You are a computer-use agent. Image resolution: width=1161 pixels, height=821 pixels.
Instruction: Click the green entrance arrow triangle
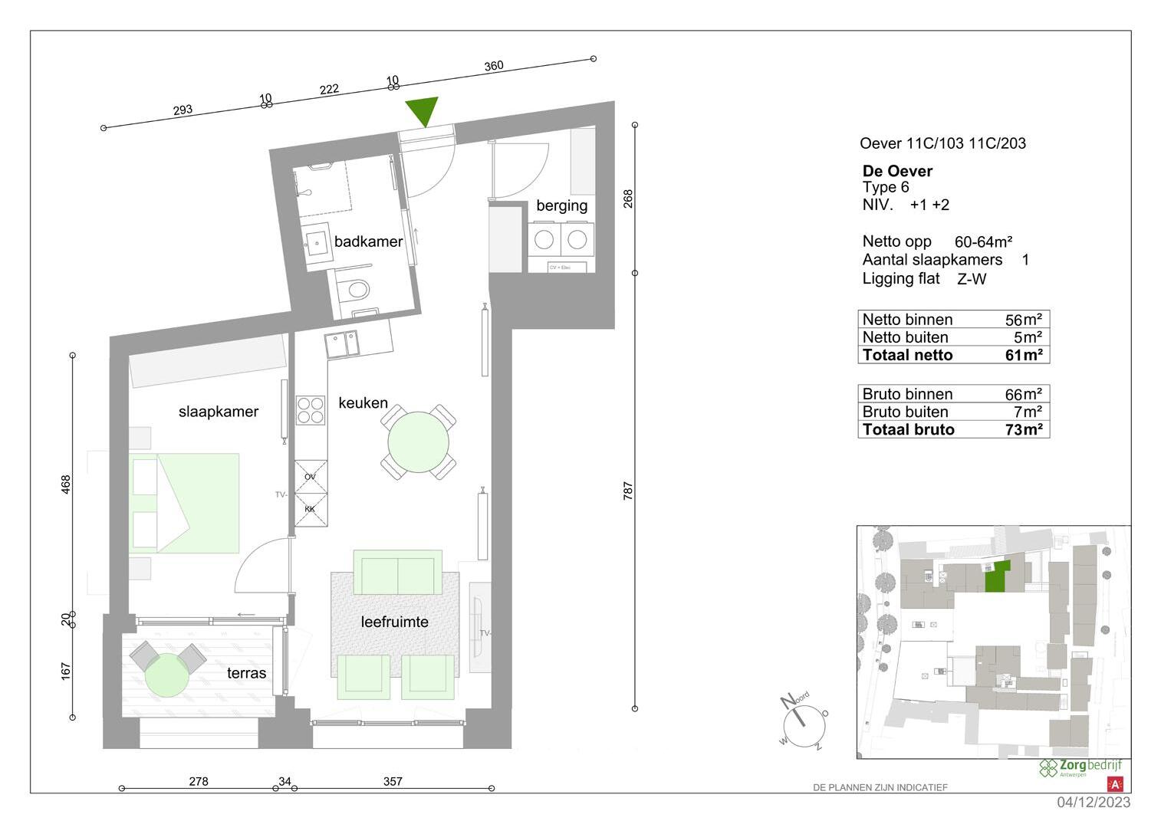(422, 110)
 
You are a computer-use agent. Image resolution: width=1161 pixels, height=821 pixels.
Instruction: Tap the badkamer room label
(368, 241)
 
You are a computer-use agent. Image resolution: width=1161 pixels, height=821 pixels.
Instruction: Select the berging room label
(561, 205)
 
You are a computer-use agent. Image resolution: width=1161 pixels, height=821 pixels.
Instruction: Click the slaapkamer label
(219, 412)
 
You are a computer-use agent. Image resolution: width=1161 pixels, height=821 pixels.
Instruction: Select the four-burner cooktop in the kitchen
(311, 409)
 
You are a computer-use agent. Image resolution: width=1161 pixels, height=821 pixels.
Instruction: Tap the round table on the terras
(166, 674)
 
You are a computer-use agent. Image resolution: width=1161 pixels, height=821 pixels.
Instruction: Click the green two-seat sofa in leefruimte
(397, 572)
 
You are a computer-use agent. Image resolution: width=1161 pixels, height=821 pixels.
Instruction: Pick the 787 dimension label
(628, 491)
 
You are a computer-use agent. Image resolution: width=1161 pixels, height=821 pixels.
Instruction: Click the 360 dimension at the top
(494, 66)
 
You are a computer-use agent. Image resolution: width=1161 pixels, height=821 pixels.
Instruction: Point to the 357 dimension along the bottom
(393, 782)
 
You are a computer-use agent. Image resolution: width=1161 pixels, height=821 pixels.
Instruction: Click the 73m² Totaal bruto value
(1023, 429)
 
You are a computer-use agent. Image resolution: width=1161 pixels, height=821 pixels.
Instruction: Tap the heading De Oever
(897, 171)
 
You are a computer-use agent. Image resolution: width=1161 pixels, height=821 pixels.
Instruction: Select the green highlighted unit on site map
(995, 576)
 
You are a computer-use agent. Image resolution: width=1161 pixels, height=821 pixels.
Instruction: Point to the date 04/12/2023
(1093, 803)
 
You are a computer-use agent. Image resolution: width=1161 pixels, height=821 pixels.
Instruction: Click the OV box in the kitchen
(311, 476)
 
